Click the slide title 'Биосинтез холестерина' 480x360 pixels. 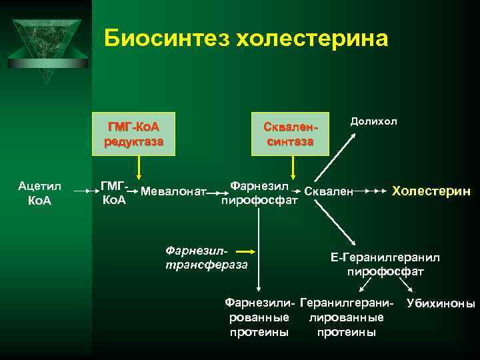click(245, 39)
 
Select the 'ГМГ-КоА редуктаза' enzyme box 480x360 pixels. click(138, 133)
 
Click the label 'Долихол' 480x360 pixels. click(373, 121)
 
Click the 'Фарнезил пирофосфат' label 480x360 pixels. click(259, 192)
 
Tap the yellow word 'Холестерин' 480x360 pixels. click(431, 191)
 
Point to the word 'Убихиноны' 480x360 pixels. click(440, 304)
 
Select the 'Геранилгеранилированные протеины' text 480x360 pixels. click(347, 317)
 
